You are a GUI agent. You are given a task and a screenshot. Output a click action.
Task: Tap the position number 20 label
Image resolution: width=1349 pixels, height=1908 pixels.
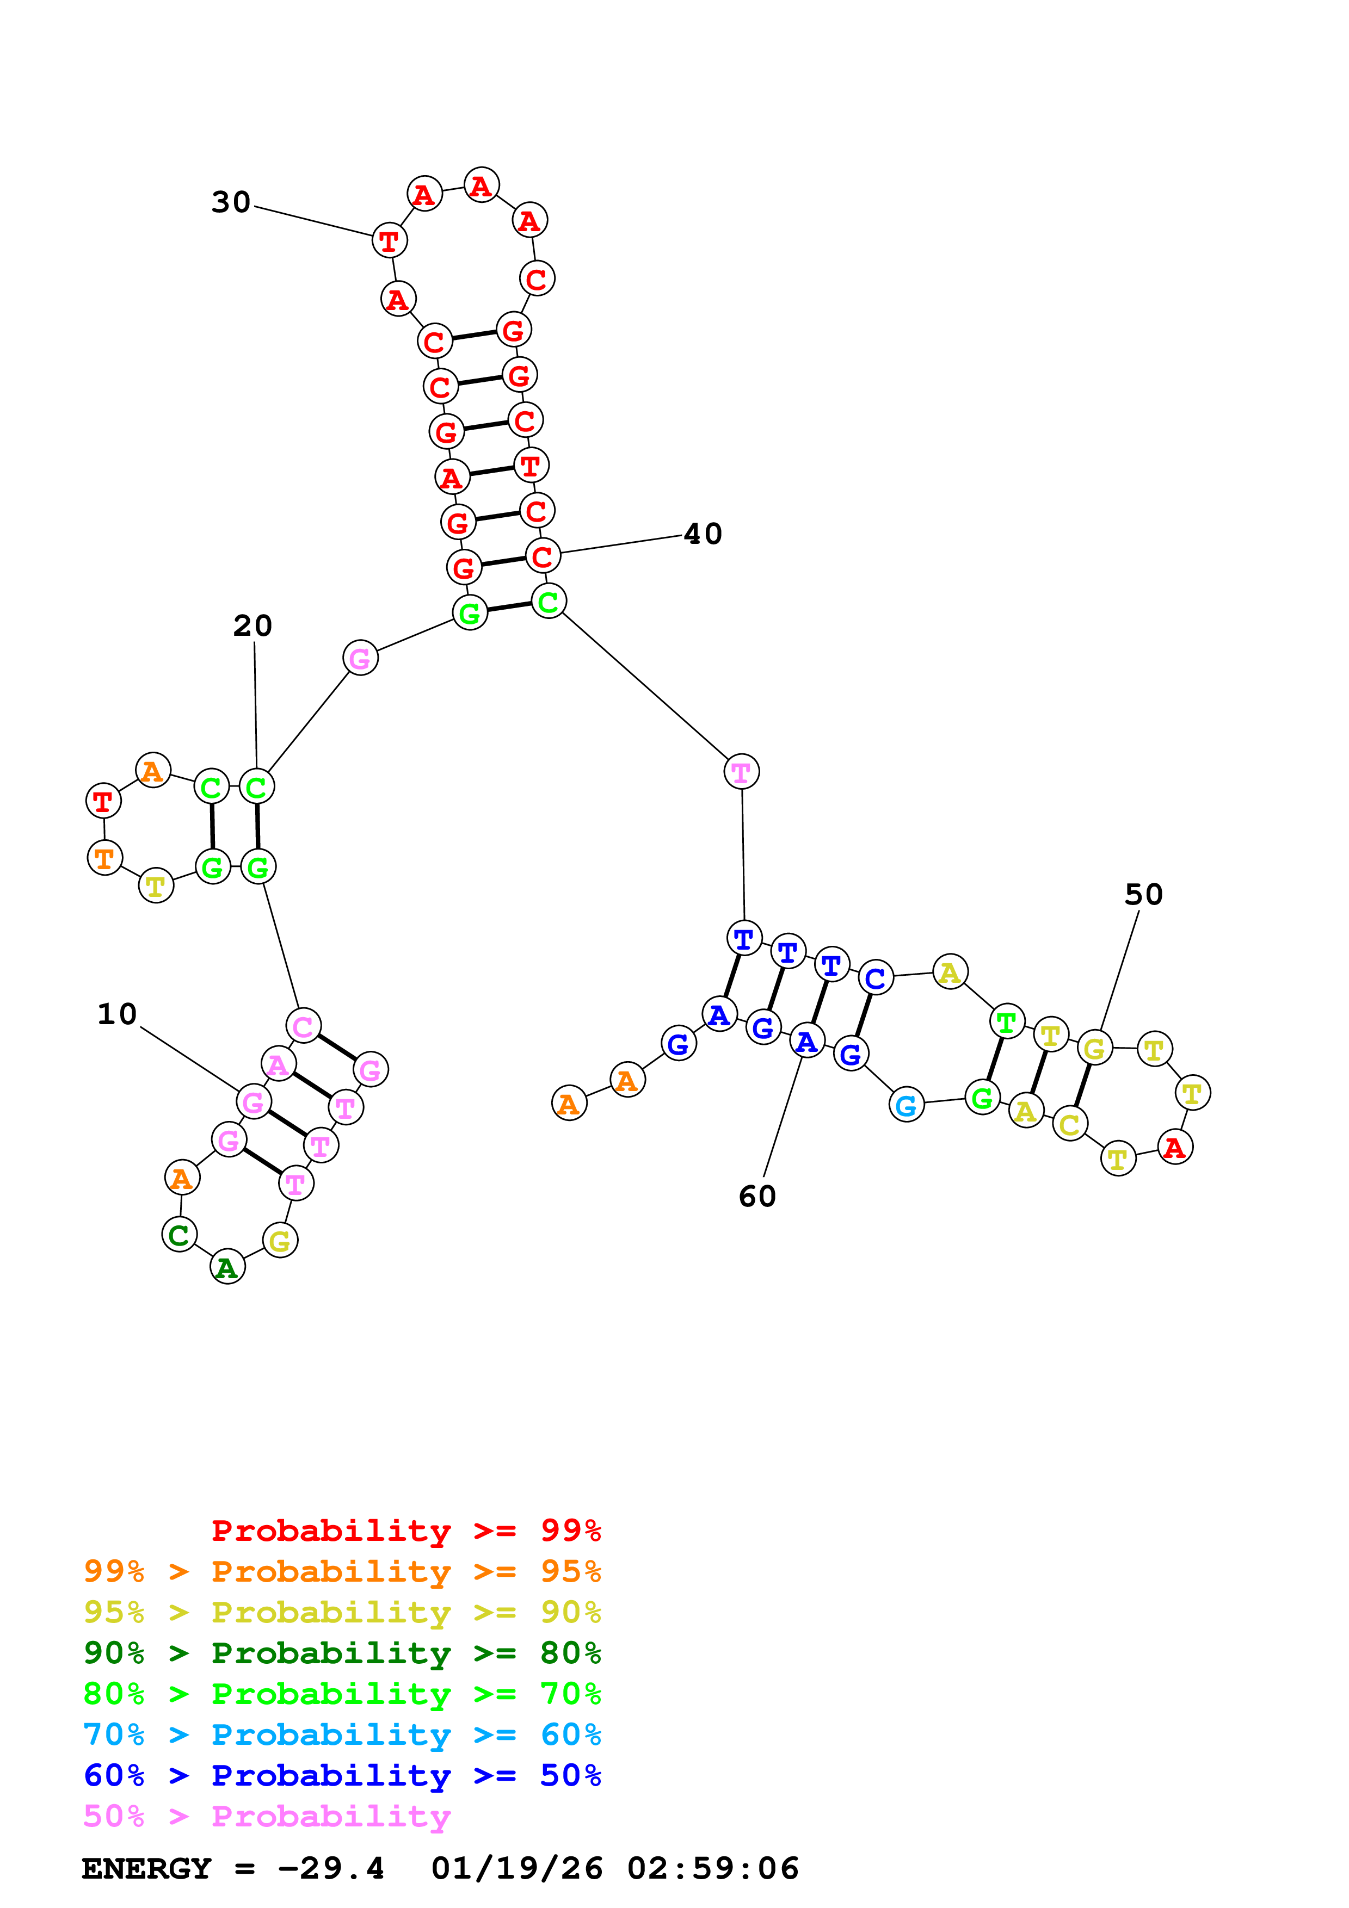coord(252,625)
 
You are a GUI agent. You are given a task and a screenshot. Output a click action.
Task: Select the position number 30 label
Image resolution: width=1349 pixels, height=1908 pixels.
coord(231,202)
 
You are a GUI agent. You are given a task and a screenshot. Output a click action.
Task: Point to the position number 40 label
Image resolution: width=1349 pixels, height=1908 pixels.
coord(703,534)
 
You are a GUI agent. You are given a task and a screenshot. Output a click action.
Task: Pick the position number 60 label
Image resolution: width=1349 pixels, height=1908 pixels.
coord(757,1196)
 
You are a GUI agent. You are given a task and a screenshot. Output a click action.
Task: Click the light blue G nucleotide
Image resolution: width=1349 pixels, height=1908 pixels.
coord(906,1105)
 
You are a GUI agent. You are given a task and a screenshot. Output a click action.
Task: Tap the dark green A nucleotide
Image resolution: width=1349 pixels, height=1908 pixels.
coord(227,1267)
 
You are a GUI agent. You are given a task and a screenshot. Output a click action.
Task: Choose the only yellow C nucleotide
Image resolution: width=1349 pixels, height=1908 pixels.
coord(1070,1124)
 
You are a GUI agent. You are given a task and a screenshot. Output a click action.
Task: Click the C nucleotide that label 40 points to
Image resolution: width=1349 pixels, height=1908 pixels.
coord(543,556)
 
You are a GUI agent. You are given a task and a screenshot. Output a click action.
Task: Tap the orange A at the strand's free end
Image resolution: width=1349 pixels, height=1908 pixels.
coord(569,1104)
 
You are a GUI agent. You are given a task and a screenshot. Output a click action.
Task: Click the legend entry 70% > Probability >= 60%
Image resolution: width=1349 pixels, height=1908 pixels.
coord(342,1734)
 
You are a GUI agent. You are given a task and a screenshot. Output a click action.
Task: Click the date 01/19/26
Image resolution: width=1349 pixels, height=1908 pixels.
coord(516,1868)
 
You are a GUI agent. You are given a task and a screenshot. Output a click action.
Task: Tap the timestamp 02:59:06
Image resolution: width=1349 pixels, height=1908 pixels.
coord(712,1868)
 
